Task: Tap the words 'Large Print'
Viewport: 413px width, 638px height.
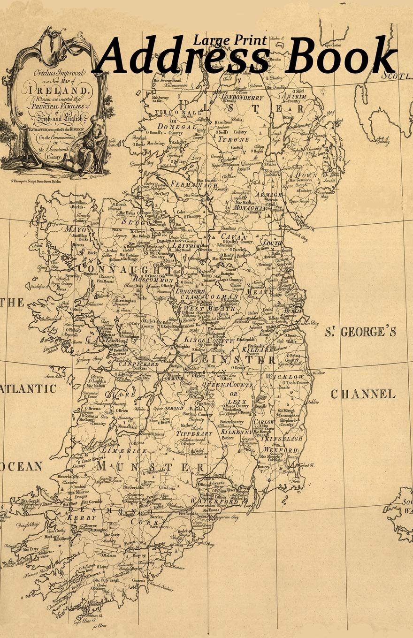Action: click(231, 41)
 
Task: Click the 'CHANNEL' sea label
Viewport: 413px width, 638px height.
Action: click(363, 394)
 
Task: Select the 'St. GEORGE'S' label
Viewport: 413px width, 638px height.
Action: click(360, 332)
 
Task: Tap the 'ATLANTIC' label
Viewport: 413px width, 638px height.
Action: click(28, 389)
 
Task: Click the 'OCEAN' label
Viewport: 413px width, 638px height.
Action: click(21, 466)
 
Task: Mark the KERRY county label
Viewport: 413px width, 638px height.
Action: click(76, 517)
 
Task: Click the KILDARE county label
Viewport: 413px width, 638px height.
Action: click(257, 350)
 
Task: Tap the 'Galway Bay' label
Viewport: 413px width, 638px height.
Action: click(91, 358)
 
